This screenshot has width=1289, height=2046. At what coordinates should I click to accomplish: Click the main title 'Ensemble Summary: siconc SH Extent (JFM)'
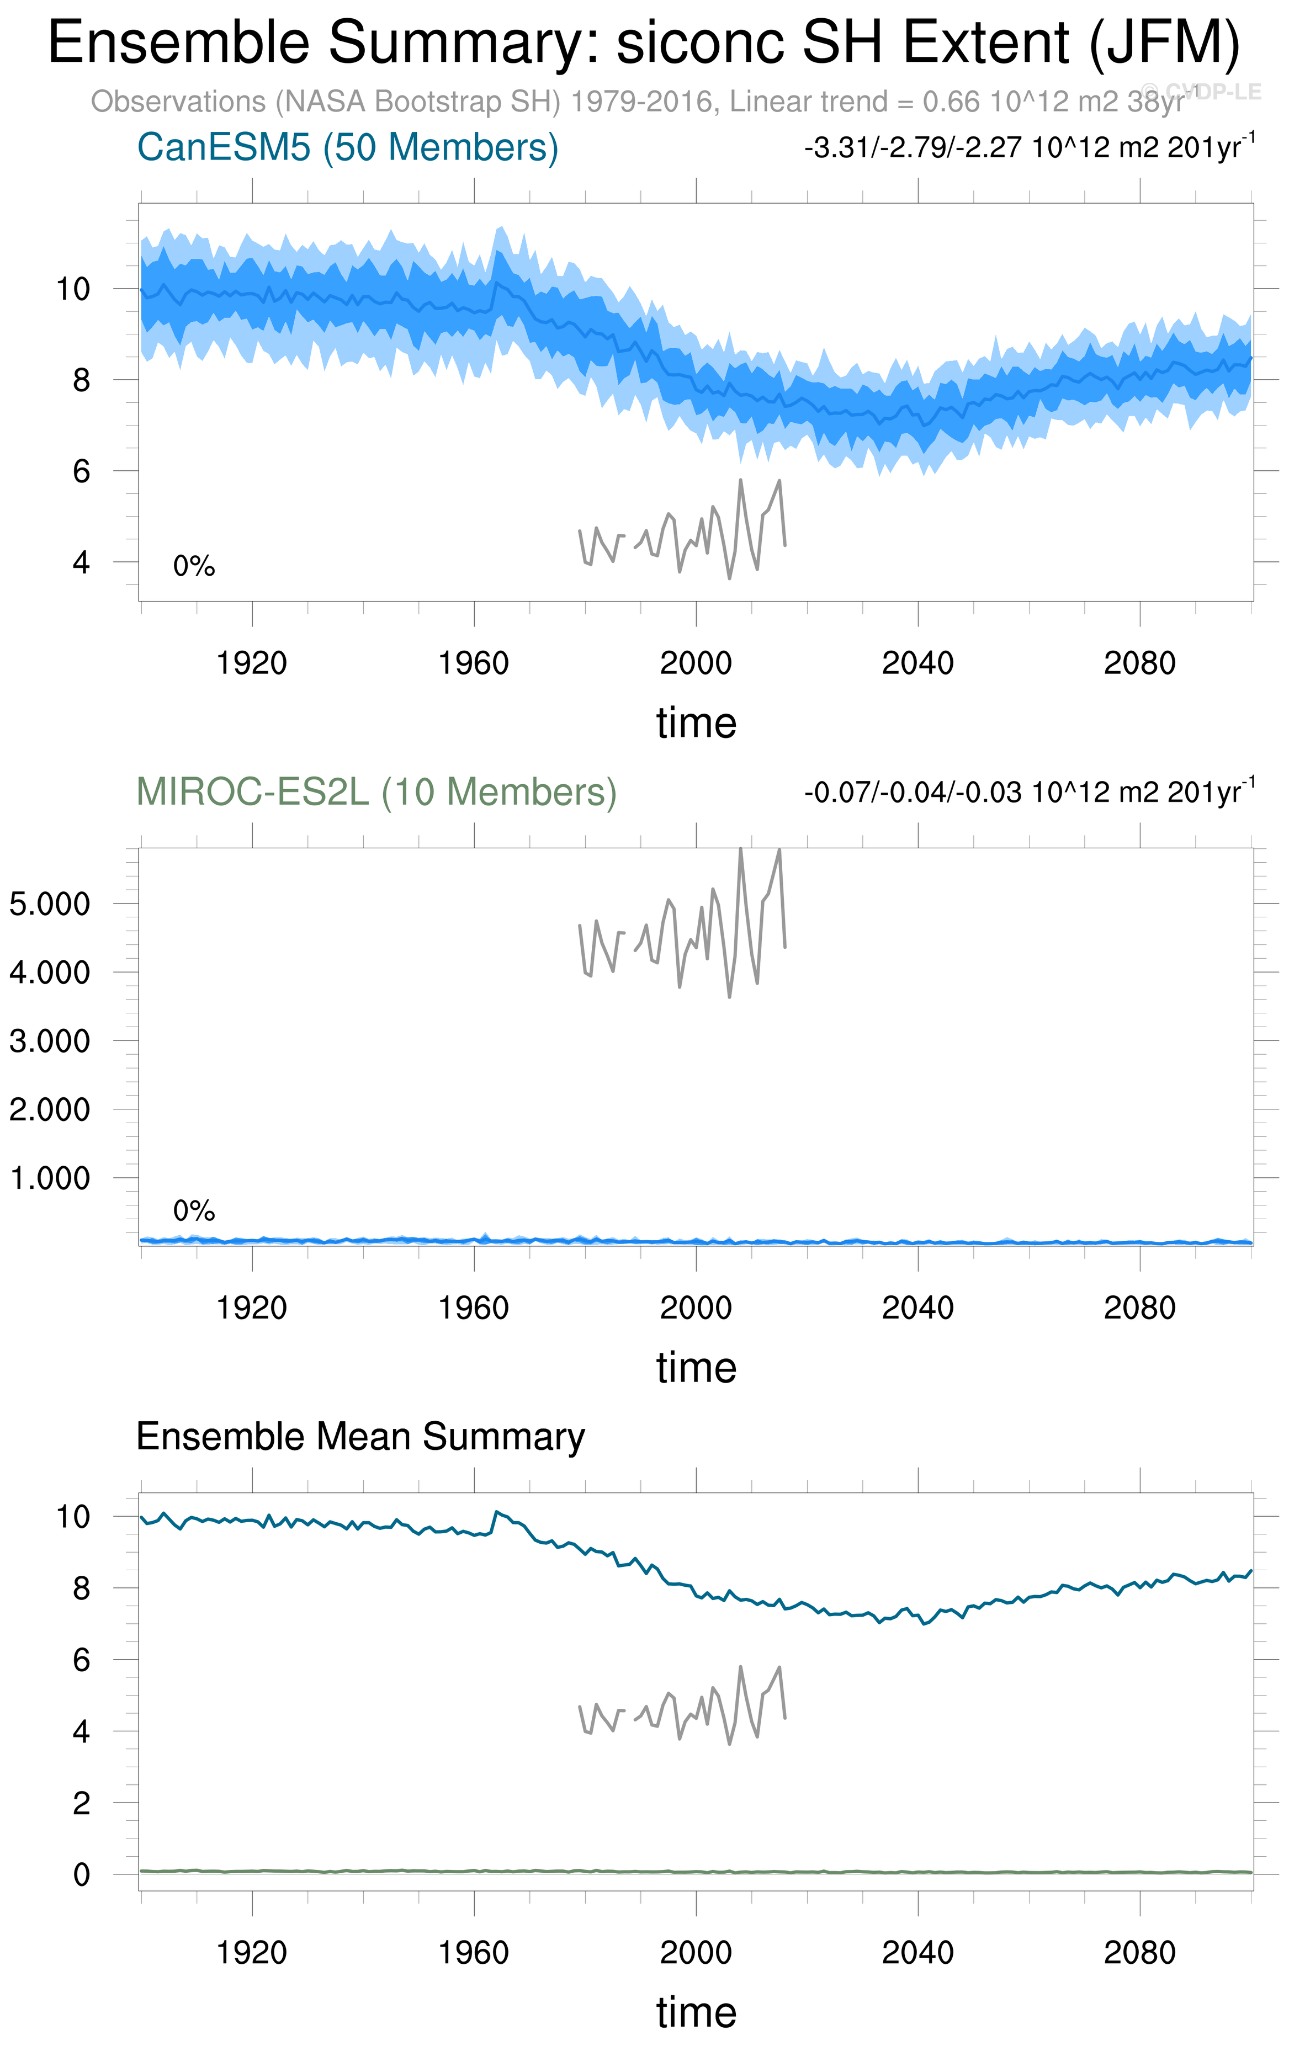point(643,42)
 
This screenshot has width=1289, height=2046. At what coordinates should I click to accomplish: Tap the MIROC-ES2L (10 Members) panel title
point(376,792)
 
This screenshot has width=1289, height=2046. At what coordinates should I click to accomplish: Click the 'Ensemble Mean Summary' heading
point(360,1436)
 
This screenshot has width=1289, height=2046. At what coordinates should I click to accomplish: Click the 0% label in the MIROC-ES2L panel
point(194,1211)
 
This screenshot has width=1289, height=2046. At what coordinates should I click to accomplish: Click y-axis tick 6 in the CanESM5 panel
point(81,471)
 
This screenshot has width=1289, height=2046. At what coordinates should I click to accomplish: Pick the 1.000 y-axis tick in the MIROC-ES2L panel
point(49,1178)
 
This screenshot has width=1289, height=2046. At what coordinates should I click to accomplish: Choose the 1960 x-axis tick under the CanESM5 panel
point(473,663)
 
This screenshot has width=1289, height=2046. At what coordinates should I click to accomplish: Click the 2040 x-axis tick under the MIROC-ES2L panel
point(917,1308)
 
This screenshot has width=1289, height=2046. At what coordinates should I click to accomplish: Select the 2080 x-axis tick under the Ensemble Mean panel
point(1139,1953)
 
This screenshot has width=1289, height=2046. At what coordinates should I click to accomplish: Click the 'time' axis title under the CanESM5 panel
point(696,723)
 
